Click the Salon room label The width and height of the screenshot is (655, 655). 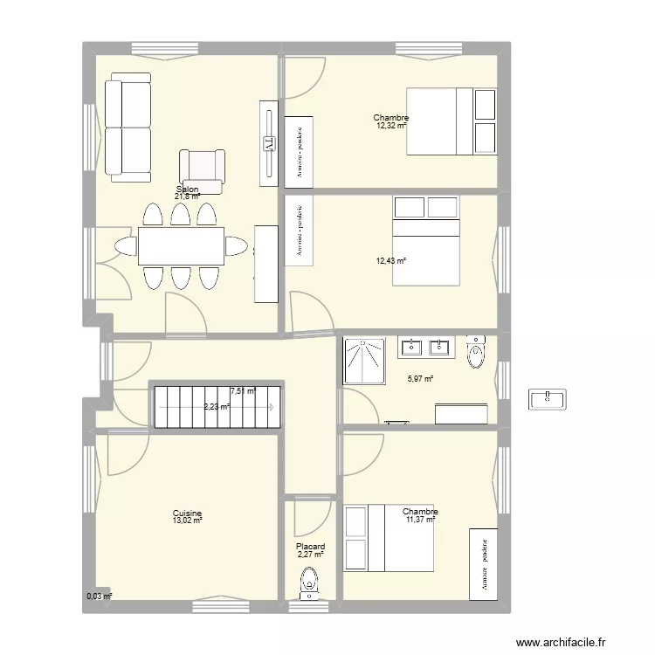187,190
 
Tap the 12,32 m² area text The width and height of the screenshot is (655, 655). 391,126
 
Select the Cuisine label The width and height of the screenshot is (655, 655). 188,514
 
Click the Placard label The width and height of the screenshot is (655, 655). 310,547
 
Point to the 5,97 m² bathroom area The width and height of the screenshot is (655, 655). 421,379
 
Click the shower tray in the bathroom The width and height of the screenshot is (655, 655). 365,360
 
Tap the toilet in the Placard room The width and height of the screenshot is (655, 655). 308,583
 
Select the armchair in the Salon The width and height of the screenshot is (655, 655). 202,169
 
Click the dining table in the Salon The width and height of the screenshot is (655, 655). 181,246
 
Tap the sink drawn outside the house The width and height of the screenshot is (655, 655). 548,399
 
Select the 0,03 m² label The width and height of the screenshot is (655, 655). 99,596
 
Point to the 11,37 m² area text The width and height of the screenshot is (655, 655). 419,521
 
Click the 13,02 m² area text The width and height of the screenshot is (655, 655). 188,521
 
